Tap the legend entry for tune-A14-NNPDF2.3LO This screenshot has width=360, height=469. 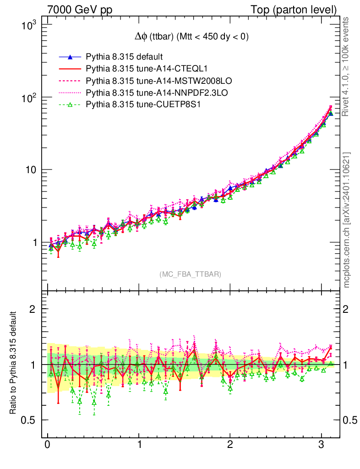coord(157,93)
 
